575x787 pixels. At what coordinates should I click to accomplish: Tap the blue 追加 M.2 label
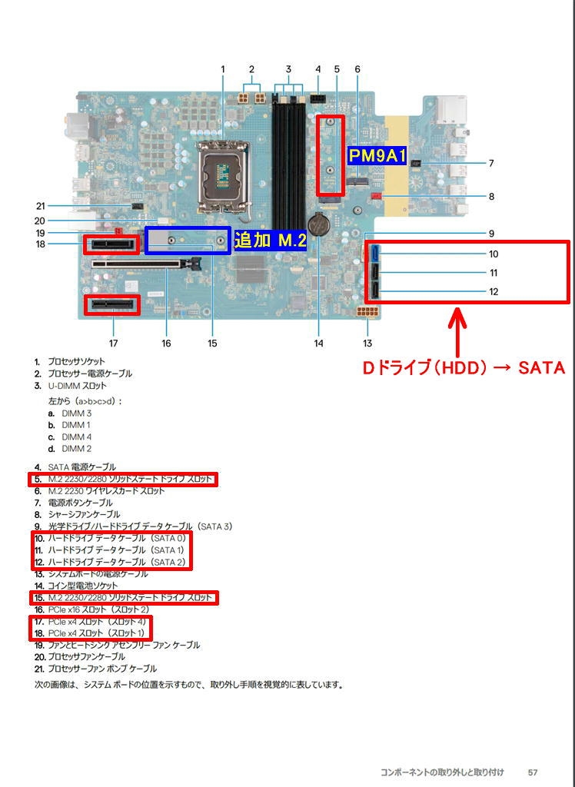269,240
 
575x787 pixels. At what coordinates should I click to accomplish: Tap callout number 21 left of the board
42,205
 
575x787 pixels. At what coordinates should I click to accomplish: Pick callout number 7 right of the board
490,163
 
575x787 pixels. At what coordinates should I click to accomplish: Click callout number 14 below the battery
318,344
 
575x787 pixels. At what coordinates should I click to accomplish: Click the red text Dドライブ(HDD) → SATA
464,368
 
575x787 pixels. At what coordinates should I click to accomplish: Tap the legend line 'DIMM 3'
77,413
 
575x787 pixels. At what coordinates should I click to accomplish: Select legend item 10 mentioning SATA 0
116,538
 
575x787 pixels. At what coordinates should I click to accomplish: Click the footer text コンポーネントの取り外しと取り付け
442,771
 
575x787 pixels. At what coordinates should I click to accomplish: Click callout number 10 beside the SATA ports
494,254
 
